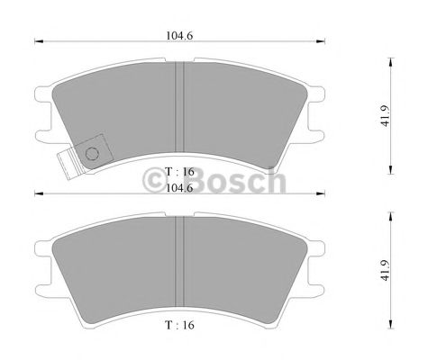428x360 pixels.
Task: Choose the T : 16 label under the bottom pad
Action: tap(180, 323)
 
